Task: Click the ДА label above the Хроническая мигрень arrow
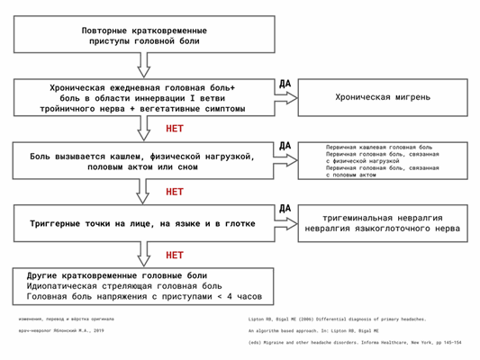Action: pos(285,81)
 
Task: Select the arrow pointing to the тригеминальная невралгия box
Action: pos(285,223)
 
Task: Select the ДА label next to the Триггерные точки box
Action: pos(285,207)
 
